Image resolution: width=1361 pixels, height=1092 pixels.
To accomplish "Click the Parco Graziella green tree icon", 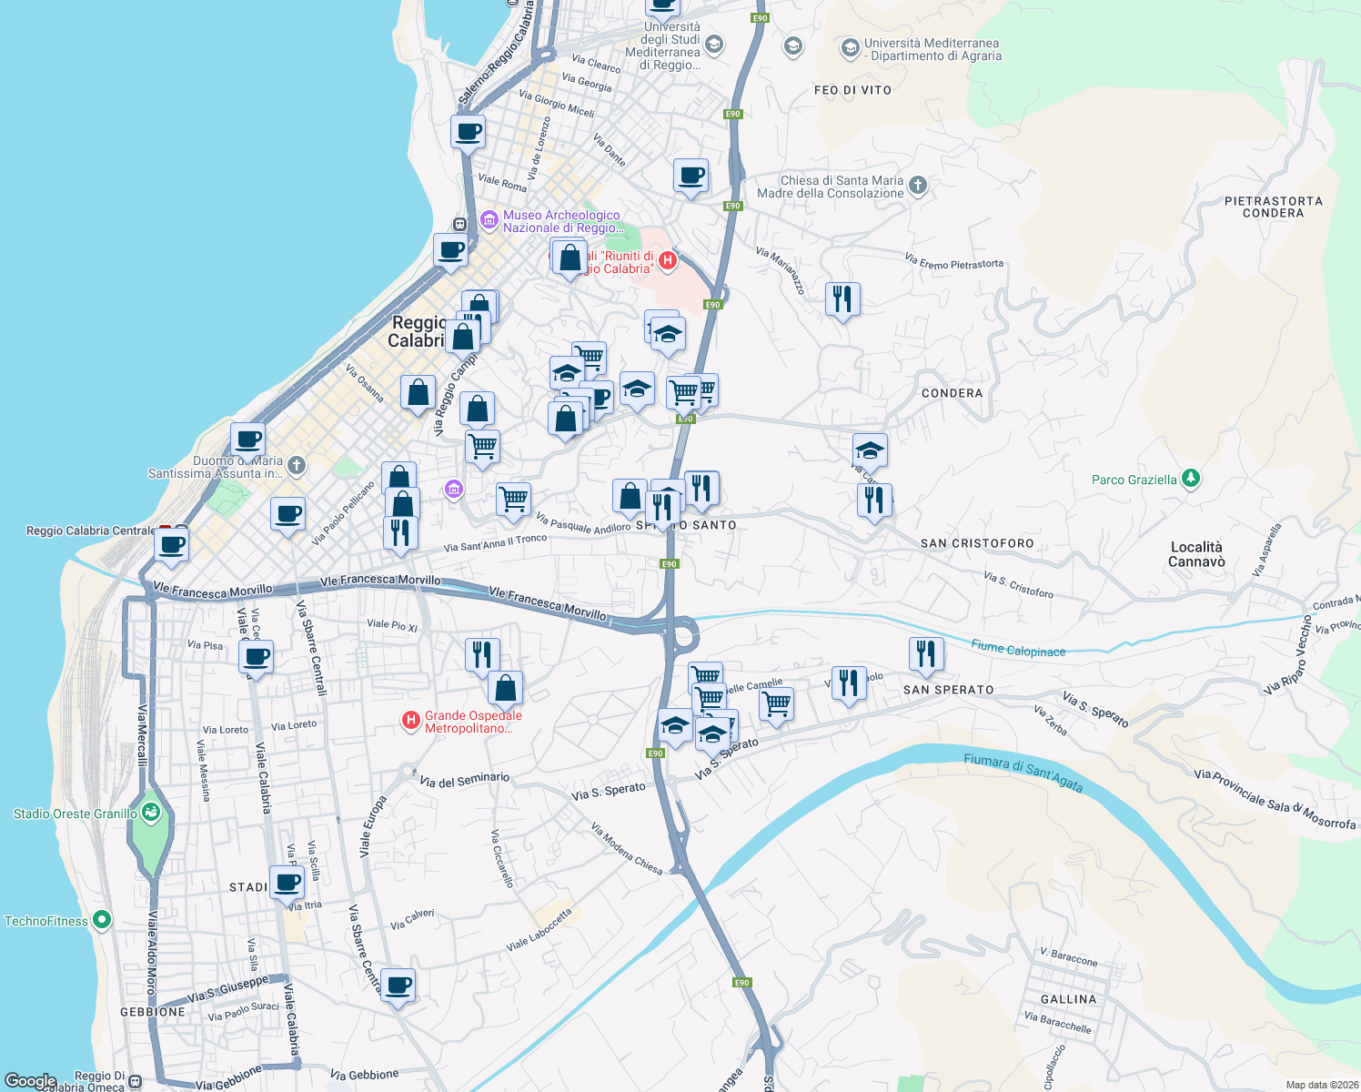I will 1191,479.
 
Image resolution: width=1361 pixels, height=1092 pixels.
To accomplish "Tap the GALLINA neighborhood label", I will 1068,999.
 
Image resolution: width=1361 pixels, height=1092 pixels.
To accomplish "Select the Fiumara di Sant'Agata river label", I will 1023,773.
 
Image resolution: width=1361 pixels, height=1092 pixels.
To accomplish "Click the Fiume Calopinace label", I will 1018,649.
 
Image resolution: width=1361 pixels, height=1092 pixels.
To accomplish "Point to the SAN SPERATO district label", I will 948,690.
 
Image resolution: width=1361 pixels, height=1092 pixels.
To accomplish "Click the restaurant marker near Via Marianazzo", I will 842,299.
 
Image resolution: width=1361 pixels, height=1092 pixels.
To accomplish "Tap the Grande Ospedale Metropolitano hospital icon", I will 411,722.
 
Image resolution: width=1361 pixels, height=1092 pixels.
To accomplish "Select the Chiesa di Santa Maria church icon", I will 918,186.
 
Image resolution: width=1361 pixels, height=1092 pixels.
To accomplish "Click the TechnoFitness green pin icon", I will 102,920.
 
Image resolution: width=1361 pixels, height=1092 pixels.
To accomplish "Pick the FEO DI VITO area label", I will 852,90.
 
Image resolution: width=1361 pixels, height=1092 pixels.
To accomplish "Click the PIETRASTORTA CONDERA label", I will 1273,207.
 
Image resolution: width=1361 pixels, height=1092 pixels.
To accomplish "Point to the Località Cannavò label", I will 1196,554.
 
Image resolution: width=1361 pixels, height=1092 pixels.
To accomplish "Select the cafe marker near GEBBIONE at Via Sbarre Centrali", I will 398,985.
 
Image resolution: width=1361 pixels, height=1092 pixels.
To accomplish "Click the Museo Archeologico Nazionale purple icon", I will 489,220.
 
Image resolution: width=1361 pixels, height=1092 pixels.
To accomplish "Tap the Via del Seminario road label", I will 464,780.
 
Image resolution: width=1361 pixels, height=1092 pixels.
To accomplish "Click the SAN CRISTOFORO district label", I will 977,543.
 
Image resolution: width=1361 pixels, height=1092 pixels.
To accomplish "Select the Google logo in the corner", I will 30,1081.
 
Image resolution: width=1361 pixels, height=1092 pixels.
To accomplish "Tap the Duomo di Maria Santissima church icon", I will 296,466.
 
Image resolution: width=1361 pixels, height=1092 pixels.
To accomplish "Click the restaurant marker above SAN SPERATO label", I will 925,654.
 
